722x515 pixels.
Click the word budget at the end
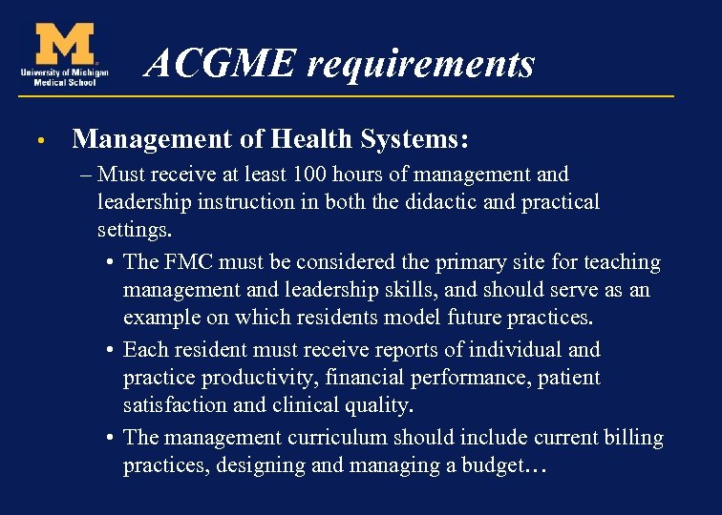coord(489,466)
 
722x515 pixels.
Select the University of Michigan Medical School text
coord(63,76)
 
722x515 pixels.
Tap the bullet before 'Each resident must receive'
coord(112,350)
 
